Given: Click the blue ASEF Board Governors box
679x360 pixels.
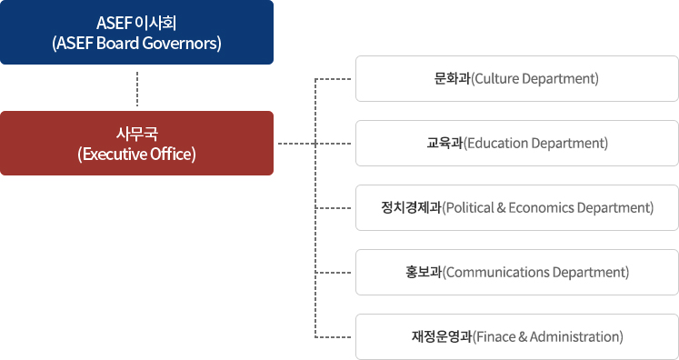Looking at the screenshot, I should pos(136,32).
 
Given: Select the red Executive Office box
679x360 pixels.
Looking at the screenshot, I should pos(136,143).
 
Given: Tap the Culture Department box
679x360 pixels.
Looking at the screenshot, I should pos(516,78).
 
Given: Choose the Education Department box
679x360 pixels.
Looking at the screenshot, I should pos(516,143).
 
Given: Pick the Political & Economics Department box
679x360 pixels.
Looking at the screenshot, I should pos(516,207).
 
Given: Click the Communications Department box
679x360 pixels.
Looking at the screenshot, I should pos(516,272).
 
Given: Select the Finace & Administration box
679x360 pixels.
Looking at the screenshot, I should pos(516,336).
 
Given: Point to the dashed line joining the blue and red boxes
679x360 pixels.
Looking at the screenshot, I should pos(136,87).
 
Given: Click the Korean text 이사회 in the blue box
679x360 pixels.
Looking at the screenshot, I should pos(157,22).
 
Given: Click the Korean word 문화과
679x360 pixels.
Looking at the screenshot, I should pos(452,78).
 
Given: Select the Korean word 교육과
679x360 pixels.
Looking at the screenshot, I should pos(444,143).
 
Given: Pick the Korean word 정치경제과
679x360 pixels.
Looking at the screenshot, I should pos(411,207).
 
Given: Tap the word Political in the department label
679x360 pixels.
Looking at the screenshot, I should pos(470,207).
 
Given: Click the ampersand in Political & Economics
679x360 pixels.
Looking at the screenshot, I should pos(503,207).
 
